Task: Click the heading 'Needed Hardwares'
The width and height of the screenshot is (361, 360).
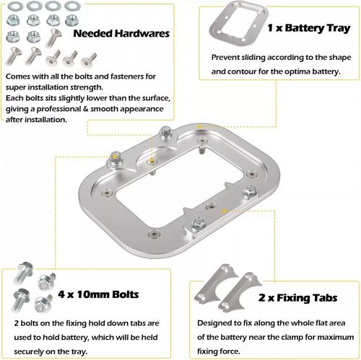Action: [x=121, y=33]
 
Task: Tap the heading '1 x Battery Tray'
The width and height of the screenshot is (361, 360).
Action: [x=309, y=28]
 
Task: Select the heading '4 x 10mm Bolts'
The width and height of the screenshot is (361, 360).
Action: [x=98, y=294]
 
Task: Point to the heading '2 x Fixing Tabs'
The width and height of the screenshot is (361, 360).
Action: [x=297, y=298]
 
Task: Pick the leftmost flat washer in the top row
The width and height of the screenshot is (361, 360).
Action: [x=15, y=6]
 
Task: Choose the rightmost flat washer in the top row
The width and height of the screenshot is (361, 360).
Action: [x=72, y=6]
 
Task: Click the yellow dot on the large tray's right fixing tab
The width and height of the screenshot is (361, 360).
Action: [x=224, y=211]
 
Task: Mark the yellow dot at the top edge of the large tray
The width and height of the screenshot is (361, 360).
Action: [x=199, y=126]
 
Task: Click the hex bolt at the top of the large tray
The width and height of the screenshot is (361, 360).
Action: [x=165, y=132]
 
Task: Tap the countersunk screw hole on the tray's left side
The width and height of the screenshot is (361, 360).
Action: [x=105, y=193]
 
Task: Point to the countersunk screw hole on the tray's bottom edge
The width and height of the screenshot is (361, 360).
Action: [x=154, y=234]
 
